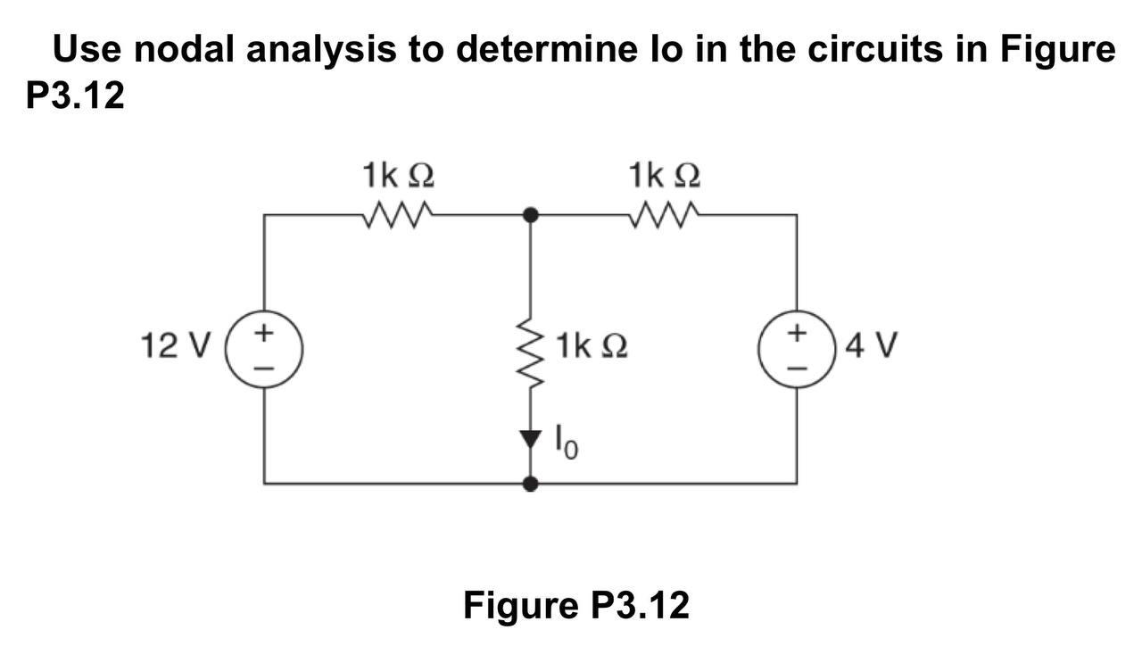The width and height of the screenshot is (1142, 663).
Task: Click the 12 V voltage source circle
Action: click(265, 348)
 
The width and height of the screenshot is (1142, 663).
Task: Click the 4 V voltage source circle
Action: click(797, 348)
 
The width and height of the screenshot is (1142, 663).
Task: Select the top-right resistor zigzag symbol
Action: click(664, 214)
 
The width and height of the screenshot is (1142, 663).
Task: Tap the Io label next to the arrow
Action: click(567, 441)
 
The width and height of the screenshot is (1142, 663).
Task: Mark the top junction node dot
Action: click(531, 214)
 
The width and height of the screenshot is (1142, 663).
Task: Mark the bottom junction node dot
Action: click(531, 484)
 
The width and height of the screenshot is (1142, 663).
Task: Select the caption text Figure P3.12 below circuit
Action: click(576, 605)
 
